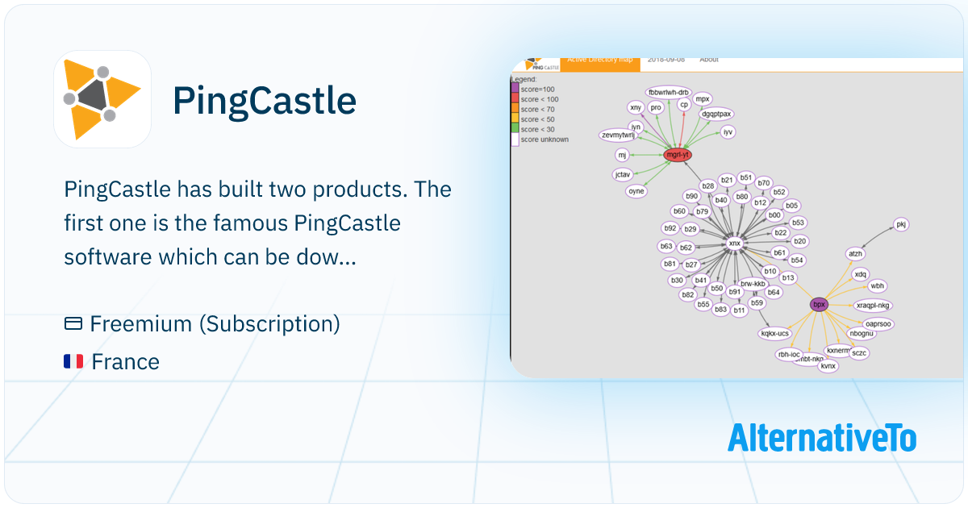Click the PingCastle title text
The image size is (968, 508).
(x=265, y=101)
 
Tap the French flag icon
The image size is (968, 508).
(x=73, y=361)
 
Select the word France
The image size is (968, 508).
(x=126, y=361)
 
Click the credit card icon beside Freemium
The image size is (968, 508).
(x=73, y=324)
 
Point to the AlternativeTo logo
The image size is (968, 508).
(x=822, y=438)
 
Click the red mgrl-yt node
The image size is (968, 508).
(x=678, y=154)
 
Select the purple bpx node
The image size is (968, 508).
(x=820, y=304)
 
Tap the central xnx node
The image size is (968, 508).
(x=734, y=242)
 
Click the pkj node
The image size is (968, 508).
(x=901, y=224)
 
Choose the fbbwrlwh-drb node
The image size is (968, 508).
(x=669, y=91)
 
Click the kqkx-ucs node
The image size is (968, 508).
(x=775, y=332)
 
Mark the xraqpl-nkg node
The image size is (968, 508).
(x=873, y=305)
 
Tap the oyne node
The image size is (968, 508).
(x=636, y=191)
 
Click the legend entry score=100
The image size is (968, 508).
(x=536, y=89)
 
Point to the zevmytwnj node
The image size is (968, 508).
(x=619, y=135)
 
